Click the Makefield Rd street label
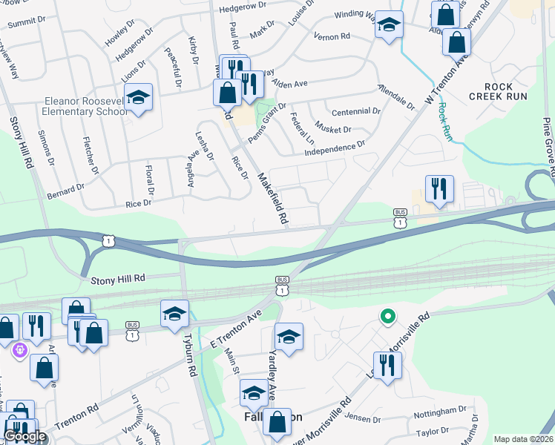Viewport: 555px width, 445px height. [272, 199]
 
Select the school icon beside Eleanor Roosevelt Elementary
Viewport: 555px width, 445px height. [137, 99]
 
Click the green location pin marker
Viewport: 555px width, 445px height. [387, 317]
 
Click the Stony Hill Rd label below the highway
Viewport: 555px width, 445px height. [118, 279]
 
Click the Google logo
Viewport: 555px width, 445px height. [24, 436]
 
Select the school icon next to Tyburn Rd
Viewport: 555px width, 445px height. [175, 314]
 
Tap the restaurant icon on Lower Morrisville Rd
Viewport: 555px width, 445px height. [387, 366]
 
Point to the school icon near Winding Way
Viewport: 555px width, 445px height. [389, 25]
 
